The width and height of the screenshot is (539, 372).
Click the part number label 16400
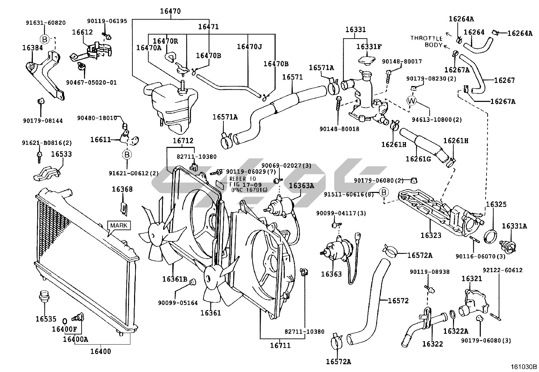coord(101,351)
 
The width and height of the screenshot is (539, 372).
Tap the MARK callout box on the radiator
coord(119,225)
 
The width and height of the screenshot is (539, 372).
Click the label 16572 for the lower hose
coord(398,301)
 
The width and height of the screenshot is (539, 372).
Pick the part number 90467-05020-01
coord(91,82)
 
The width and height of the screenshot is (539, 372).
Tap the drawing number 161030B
coord(524,367)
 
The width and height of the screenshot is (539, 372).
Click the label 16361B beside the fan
coord(175,279)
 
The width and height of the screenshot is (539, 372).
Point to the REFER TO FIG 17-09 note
coord(243,184)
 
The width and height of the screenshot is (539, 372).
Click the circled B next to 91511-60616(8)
coord(384,193)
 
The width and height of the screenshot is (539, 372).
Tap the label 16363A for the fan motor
coord(301,185)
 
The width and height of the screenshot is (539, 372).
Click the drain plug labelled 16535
coord(44,295)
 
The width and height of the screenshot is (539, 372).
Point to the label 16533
coord(61,154)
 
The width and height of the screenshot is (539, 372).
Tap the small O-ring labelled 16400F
coord(64,321)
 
